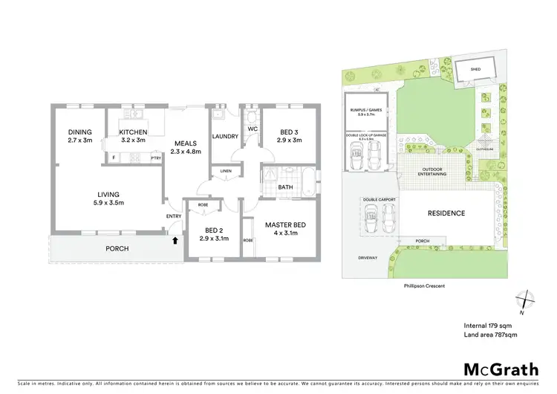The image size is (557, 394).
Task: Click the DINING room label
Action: click(79, 132)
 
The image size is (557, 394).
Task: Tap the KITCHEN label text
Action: click(134, 132)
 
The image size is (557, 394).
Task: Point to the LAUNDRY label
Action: click(224, 137)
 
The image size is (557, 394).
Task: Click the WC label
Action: click(252, 129)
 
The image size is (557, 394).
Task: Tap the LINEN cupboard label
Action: click(224, 172)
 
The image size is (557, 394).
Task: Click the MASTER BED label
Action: click(286, 225)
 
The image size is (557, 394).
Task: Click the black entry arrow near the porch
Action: click(176, 239)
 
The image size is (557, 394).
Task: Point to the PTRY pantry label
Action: click(156, 158)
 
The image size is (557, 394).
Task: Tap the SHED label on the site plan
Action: click(475, 70)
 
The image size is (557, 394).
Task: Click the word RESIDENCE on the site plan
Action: click(446, 213)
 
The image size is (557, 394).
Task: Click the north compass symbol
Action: click(527, 300)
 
